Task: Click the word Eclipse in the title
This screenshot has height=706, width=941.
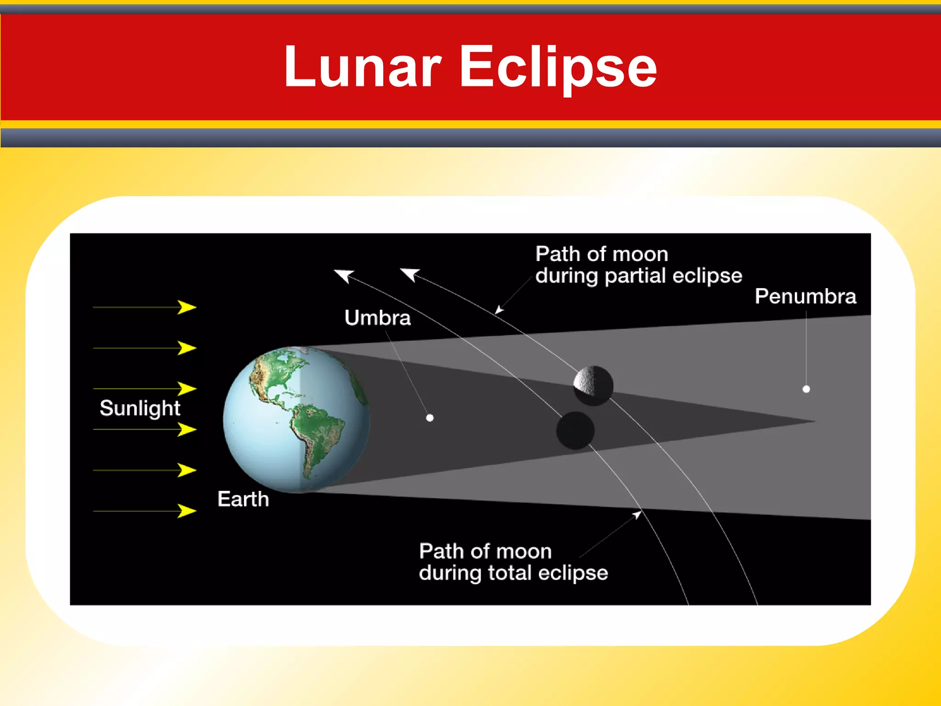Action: [558, 68]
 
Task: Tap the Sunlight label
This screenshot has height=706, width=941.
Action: [140, 408]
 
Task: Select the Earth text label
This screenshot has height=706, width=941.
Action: [243, 499]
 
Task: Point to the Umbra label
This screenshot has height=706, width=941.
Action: [377, 318]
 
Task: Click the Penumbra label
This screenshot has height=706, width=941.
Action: [805, 296]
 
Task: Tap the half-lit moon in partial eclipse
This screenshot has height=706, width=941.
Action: [593, 385]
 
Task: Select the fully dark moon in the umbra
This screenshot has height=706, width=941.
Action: [575, 430]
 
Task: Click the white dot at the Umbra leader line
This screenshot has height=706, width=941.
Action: [430, 418]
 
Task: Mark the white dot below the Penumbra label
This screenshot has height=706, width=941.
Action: [806, 389]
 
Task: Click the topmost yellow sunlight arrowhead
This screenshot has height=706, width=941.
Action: [187, 307]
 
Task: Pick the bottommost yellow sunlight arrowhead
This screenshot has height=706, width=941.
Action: [187, 511]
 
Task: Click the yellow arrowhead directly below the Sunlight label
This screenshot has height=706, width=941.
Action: [187, 429]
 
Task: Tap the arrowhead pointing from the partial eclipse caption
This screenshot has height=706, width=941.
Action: [499, 311]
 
